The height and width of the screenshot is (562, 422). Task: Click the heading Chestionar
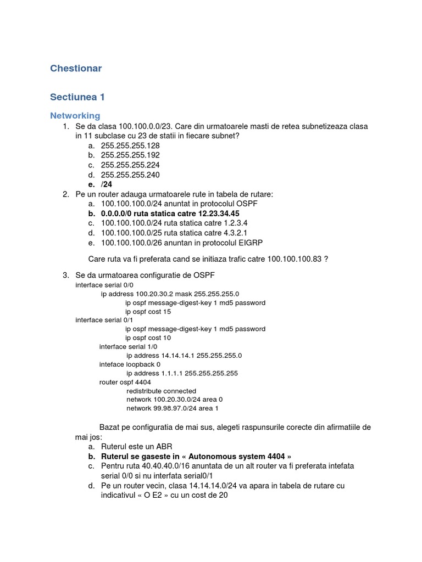[x=76, y=69]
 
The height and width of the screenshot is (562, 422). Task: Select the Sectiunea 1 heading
[x=77, y=97]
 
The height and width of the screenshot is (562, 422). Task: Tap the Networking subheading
[x=75, y=116]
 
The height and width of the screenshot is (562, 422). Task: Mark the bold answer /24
[x=107, y=185]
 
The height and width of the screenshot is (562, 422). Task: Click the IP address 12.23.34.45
[x=215, y=213]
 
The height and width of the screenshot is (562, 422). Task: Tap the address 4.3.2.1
[x=235, y=233]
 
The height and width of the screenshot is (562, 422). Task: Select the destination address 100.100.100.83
[x=295, y=258]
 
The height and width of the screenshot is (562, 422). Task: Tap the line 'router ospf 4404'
[x=125, y=382]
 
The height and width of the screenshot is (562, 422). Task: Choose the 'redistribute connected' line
[x=161, y=391]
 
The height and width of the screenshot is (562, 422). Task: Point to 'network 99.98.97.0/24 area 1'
[x=173, y=408]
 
